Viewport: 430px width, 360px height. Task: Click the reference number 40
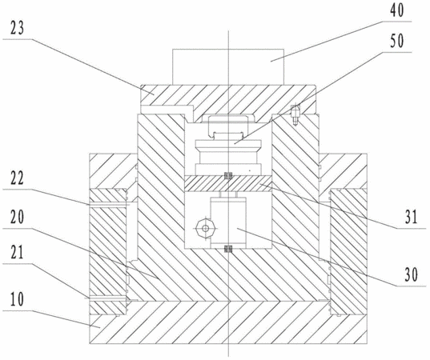[x=397, y=11]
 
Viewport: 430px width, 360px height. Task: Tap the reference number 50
[x=397, y=41]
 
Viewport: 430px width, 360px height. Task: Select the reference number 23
[x=17, y=28]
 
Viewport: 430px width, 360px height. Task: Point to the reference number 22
[x=17, y=178]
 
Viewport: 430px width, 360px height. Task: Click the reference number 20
[x=17, y=217]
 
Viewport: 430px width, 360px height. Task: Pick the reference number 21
[x=17, y=253]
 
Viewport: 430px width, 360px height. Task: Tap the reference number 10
[x=17, y=299]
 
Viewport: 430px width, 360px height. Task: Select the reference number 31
[x=411, y=217]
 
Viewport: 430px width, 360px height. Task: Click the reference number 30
[x=411, y=274]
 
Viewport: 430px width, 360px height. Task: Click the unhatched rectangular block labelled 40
[x=228, y=67]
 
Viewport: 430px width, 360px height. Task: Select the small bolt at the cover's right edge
[x=295, y=114]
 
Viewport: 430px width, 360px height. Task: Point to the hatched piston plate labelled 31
[x=228, y=183]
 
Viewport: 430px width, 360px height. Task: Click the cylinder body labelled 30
[x=228, y=222]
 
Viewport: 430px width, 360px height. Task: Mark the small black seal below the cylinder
[x=228, y=249]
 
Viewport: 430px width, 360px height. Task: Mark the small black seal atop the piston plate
[x=228, y=176]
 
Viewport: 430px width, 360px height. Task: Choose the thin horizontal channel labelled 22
[x=108, y=204]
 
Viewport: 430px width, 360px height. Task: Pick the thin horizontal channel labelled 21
[x=107, y=298]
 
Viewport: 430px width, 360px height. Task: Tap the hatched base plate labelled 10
[x=228, y=322]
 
